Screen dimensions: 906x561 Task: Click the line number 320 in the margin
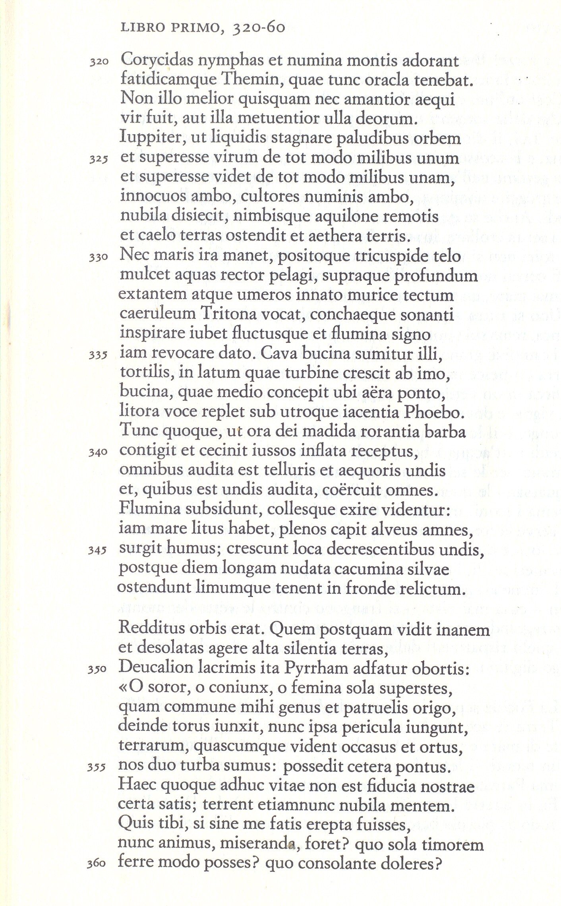point(99,62)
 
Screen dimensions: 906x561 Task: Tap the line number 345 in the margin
point(97,551)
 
